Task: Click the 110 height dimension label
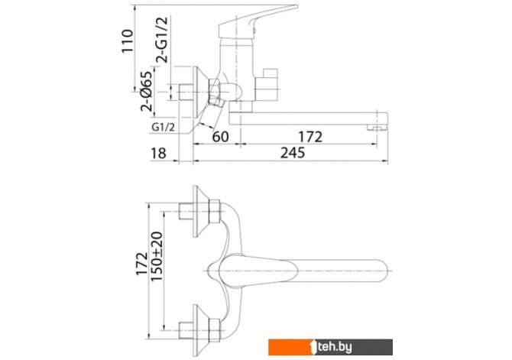128,41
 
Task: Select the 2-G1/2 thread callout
162,40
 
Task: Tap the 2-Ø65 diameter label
147,91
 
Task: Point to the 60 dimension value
220,137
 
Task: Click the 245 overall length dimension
293,153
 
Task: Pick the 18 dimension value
158,153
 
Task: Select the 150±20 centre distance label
157,256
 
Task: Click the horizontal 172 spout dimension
310,137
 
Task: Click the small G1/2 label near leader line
164,127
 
